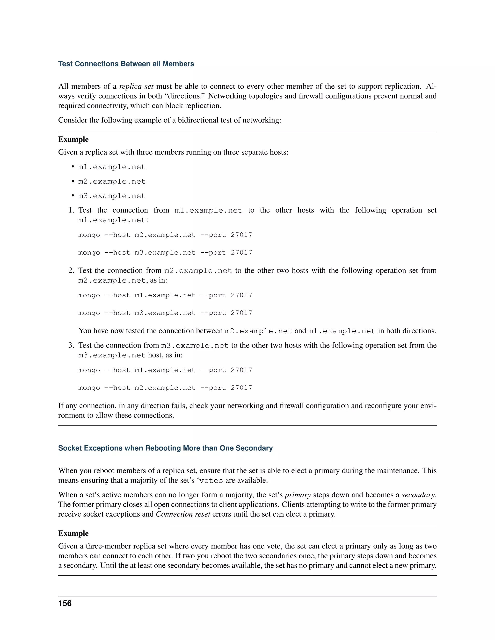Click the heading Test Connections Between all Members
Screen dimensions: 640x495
126,64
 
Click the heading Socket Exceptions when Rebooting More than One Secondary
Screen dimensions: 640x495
165,448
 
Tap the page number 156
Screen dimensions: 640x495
65,603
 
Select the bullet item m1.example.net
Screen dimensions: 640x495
112,167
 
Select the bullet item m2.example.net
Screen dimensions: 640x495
112,181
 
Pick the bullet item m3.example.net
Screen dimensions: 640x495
112,196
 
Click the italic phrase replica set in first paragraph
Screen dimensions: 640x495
136,86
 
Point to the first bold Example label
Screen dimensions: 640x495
73,140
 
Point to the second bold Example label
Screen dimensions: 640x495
73,533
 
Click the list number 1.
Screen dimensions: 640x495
71,210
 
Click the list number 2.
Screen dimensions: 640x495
71,270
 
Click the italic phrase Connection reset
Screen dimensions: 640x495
183,514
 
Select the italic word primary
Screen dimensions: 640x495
298,495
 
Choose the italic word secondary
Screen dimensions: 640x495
418,495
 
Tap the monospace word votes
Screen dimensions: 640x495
211,481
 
